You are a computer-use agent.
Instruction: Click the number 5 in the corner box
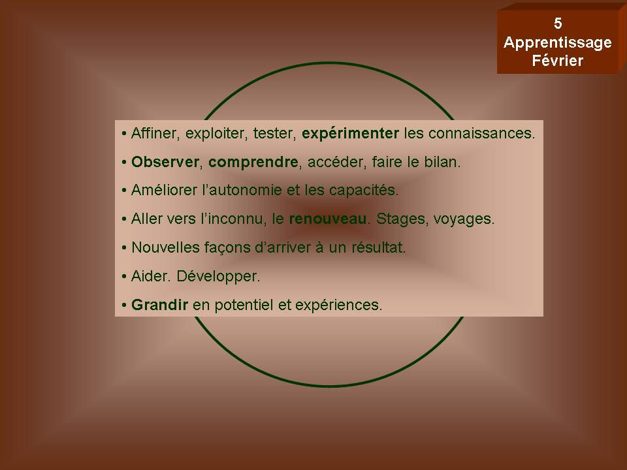point(558,23)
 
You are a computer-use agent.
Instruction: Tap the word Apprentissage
point(557,43)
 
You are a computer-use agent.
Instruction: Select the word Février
point(557,61)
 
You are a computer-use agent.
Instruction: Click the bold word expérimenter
point(350,134)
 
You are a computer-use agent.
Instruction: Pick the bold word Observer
point(165,162)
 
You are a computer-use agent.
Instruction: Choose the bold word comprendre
point(253,163)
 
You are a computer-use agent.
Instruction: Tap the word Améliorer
point(163,190)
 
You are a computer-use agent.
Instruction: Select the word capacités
point(363,191)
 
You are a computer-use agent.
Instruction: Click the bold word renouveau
point(328,219)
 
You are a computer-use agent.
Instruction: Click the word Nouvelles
point(165,247)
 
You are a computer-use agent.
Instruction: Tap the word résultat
point(378,247)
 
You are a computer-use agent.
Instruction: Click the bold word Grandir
point(159,305)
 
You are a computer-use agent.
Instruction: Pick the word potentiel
point(244,305)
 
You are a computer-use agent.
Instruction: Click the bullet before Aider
point(124,277)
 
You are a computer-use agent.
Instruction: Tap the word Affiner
point(153,133)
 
